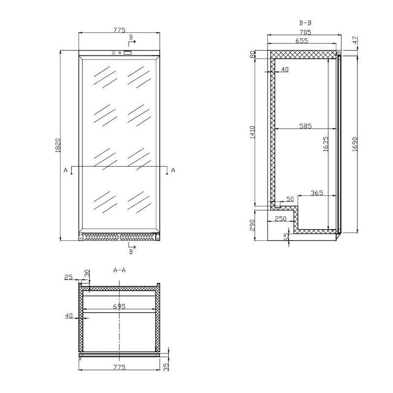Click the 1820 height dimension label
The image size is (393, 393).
pyautogui.click(x=58, y=145)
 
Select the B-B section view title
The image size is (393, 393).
pyautogui.click(x=305, y=23)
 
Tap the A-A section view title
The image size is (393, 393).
pyautogui.click(x=119, y=270)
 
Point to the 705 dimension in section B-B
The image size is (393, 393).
pyautogui.click(x=305, y=32)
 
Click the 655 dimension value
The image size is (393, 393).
pyautogui.click(x=301, y=41)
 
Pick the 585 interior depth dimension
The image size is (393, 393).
pyautogui.click(x=306, y=126)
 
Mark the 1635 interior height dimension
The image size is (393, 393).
pyautogui.click(x=326, y=144)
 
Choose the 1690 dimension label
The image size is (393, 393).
pyautogui.click(x=354, y=144)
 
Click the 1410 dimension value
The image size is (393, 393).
pyautogui.click(x=252, y=132)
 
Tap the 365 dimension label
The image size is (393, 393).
pyautogui.click(x=317, y=193)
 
